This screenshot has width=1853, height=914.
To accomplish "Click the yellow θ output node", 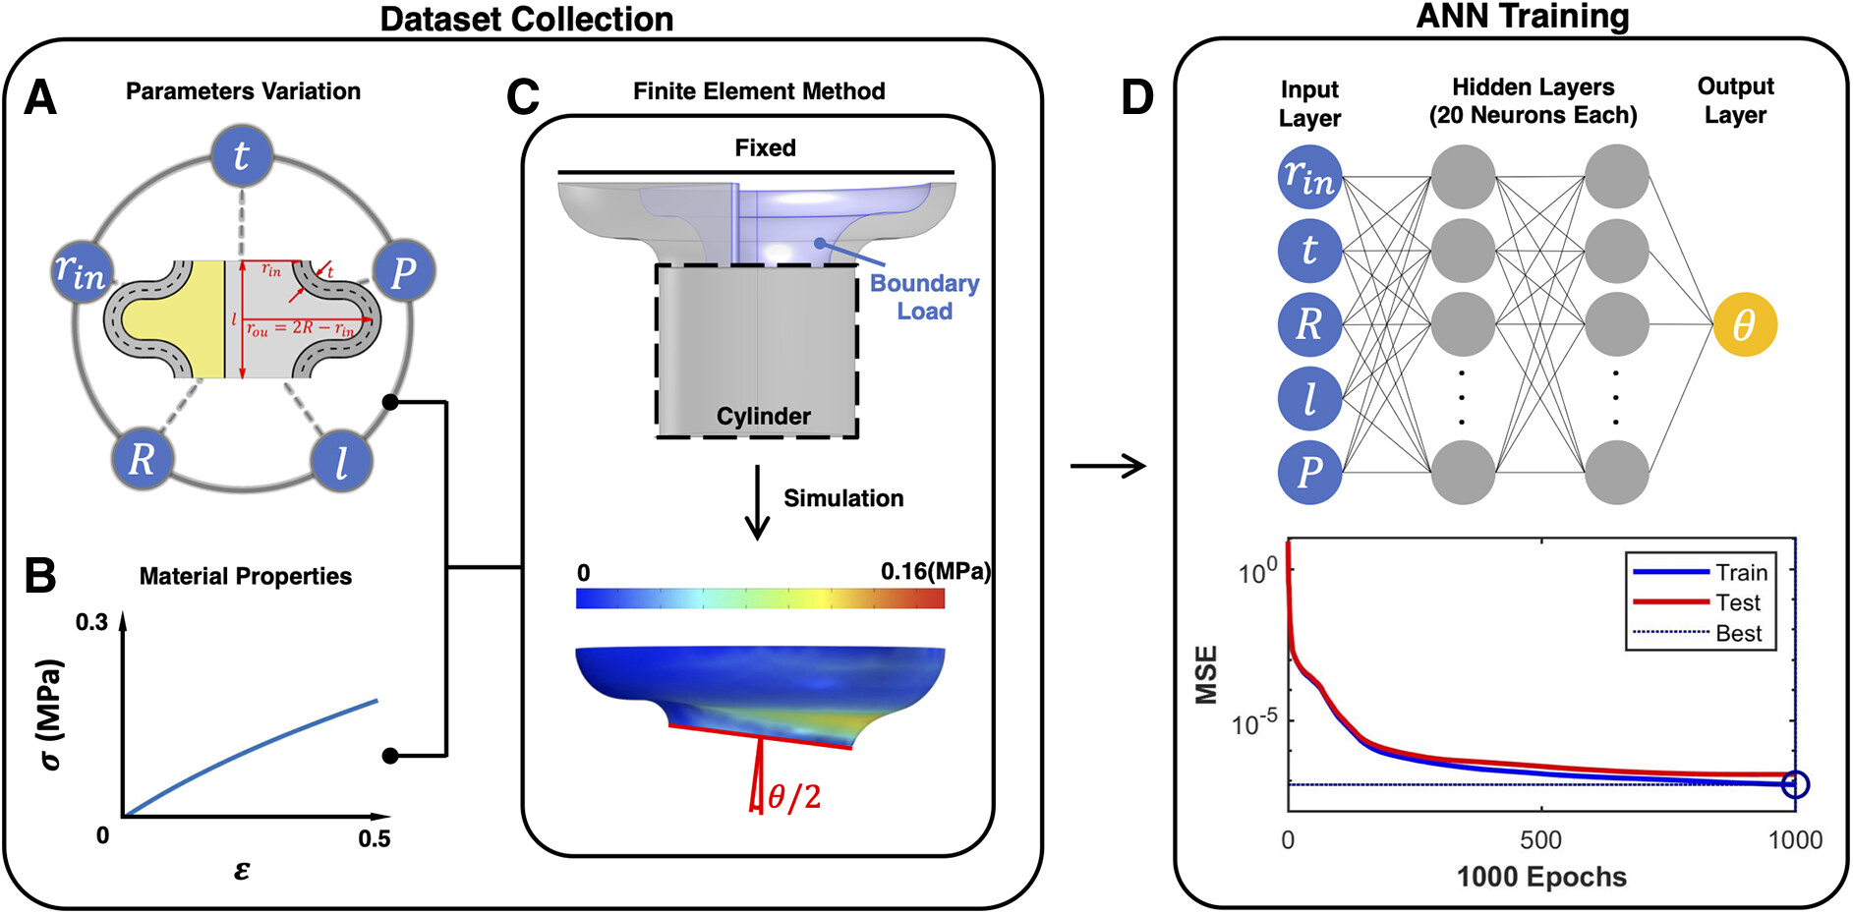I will coord(1744,324).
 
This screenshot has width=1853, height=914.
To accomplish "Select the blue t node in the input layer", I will coord(1309,251).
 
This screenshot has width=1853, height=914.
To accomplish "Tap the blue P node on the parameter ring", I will coord(403,271).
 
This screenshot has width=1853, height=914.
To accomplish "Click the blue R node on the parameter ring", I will coord(142,458).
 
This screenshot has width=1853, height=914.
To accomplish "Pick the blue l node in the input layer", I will coord(1309,398).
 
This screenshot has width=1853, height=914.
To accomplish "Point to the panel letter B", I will coord(39,576).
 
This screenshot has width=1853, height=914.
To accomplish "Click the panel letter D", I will coord(1137,97).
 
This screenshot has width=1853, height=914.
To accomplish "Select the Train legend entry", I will coord(1741,572).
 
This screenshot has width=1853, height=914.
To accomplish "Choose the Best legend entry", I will coord(1738,634).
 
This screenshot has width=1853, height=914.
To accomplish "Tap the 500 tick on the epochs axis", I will coord(1540,840).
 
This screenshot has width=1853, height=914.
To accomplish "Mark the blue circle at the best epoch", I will coord(1795,784).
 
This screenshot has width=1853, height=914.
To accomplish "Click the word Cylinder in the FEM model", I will coord(763,416).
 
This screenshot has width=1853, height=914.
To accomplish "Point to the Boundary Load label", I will coord(924,297).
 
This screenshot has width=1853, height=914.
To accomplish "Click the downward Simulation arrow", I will coord(757,502).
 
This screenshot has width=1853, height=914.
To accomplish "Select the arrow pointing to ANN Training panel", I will coord(1108,465).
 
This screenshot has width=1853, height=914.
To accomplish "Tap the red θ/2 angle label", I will coord(793,797).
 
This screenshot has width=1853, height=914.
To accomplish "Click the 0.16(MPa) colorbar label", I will coord(935,572).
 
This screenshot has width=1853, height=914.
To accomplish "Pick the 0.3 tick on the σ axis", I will coord(91,622).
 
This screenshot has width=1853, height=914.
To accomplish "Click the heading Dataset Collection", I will coord(527,19).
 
